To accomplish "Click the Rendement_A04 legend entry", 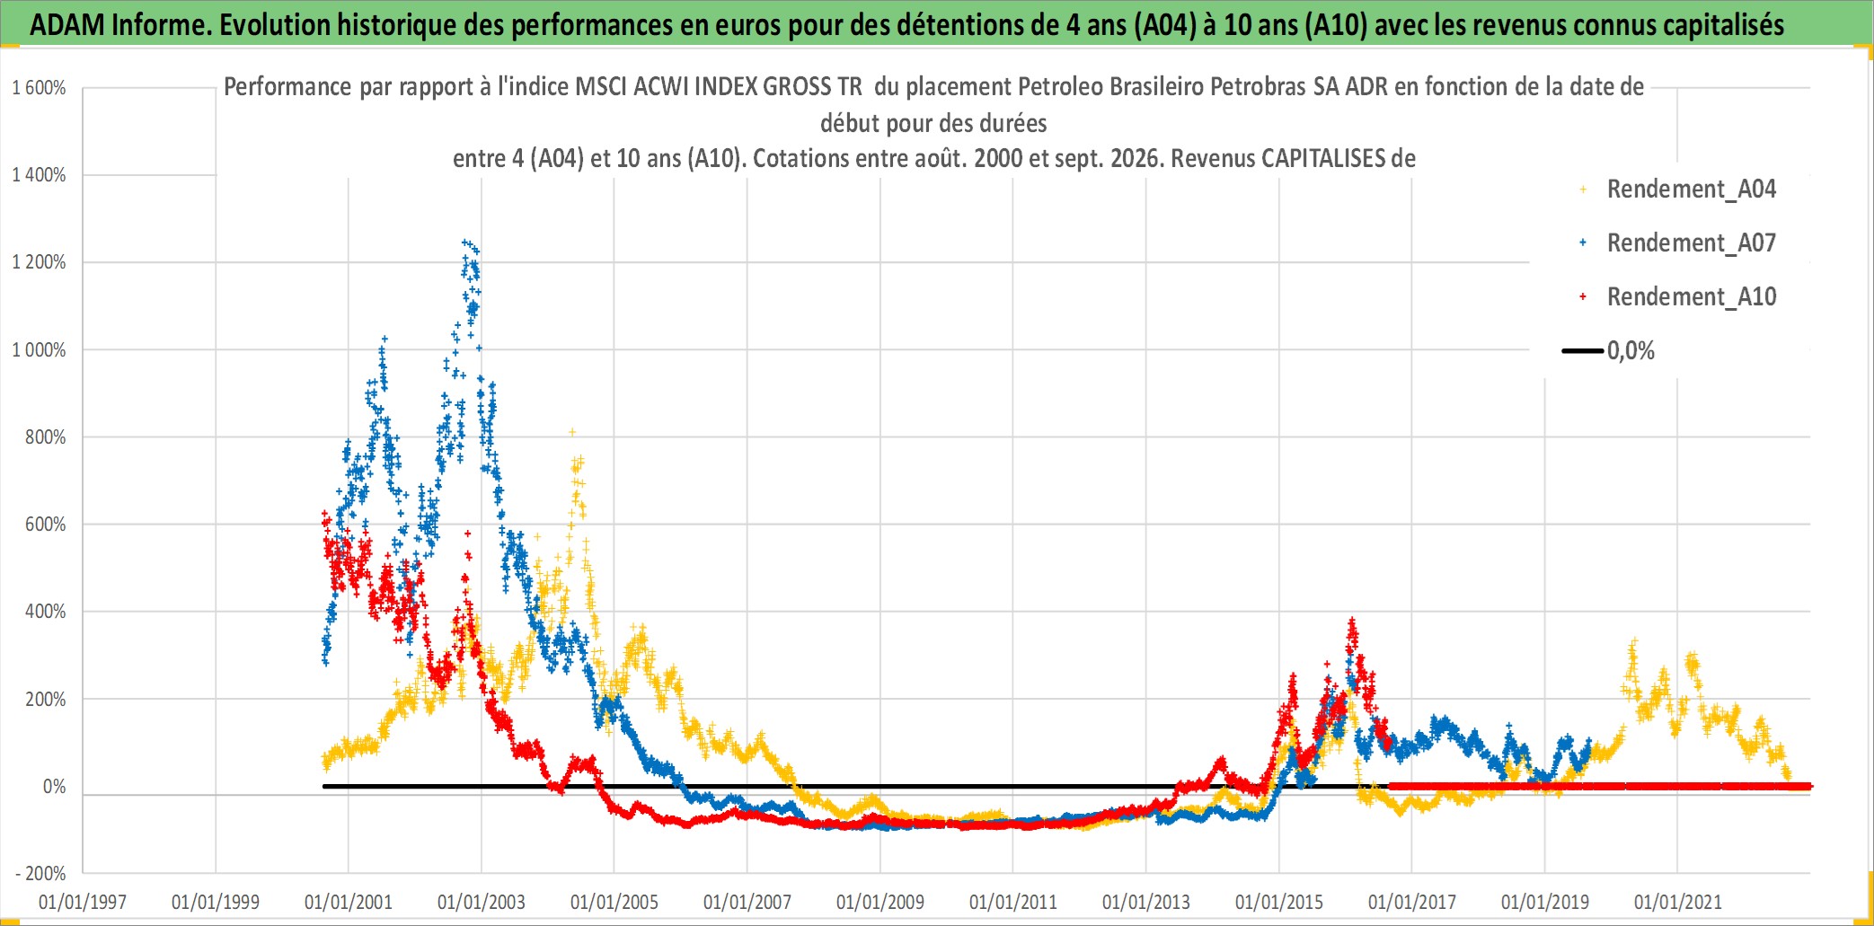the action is tap(1677, 190).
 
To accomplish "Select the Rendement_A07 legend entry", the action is tap(1677, 243).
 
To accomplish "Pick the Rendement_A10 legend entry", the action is tap(1677, 297).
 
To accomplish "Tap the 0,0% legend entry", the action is tap(1608, 350).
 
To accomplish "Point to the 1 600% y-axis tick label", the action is tap(39, 88).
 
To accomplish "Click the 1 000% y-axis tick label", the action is tap(39, 350).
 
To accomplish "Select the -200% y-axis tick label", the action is tap(40, 873).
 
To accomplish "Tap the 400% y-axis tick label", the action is tap(45, 612).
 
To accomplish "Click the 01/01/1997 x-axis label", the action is tap(83, 902).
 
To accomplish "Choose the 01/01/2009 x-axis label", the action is tap(880, 902).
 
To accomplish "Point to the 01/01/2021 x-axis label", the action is tap(1678, 902).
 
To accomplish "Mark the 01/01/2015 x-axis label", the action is tap(1279, 902).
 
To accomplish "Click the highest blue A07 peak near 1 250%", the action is tap(464, 242).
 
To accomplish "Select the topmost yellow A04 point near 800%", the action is tap(572, 432).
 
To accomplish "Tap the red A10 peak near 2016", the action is tap(1352, 620).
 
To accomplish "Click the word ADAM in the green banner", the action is tap(67, 25).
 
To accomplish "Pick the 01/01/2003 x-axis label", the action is tap(482, 902).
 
